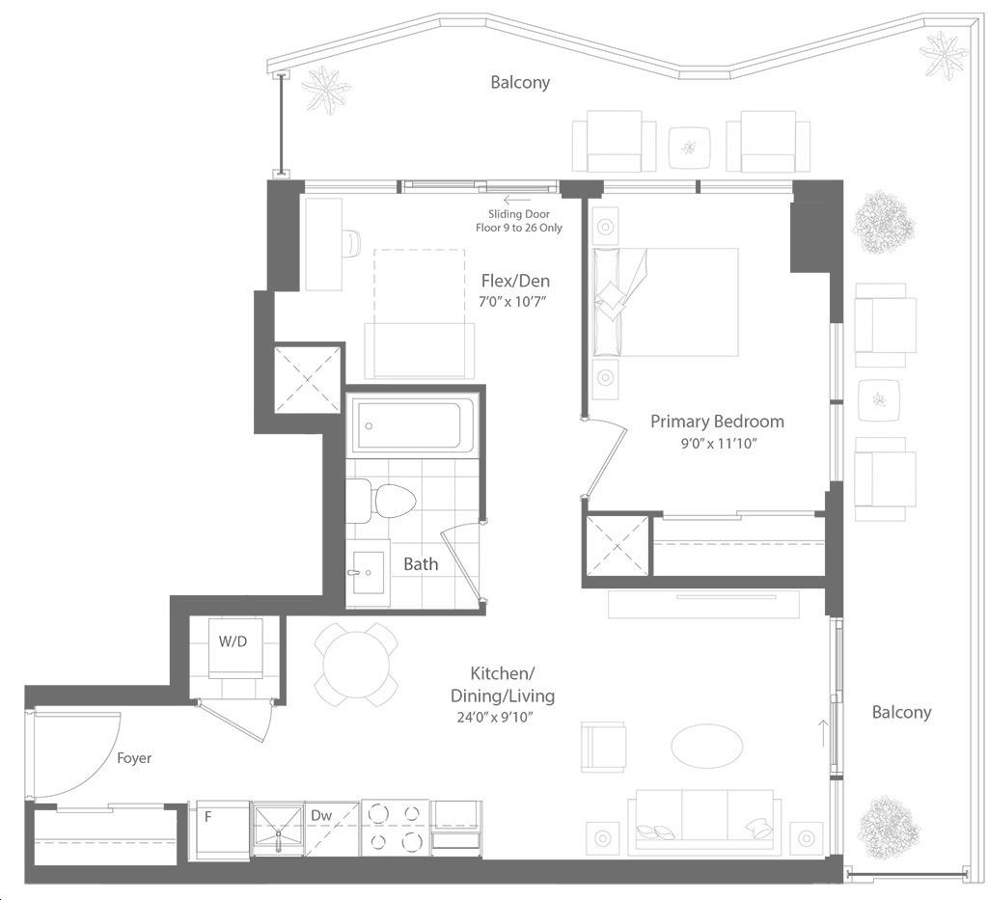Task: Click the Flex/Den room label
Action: pyautogui.click(x=515, y=281)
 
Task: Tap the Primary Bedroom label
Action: pyautogui.click(x=717, y=422)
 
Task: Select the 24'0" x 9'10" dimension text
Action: pyautogui.click(x=495, y=717)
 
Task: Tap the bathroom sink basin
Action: pyautogui.click(x=368, y=572)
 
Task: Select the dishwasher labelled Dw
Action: pyautogui.click(x=332, y=829)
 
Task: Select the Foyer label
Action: pyautogui.click(x=134, y=757)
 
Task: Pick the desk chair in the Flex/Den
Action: pyautogui.click(x=350, y=242)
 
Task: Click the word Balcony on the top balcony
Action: pyautogui.click(x=520, y=83)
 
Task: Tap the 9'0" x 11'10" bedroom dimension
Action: pyautogui.click(x=718, y=444)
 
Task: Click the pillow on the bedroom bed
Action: pyautogui.click(x=611, y=295)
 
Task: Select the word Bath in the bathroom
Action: pyautogui.click(x=421, y=564)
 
